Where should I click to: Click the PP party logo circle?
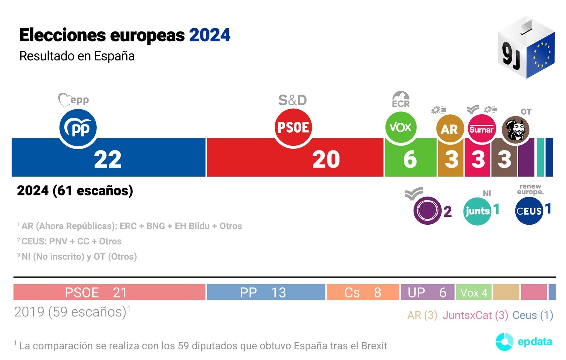(x=78, y=128)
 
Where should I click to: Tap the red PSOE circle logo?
(x=293, y=127)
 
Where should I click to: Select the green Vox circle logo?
(x=401, y=127)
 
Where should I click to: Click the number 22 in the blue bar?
(x=108, y=160)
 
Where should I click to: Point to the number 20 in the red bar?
(x=326, y=160)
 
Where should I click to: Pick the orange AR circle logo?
(x=449, y=129)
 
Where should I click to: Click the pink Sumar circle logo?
(x=481, y=129)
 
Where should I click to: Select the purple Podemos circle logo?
(x=427, y=211)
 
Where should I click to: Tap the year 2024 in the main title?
(x=210, y=35)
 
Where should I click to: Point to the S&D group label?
(x=292, y=100)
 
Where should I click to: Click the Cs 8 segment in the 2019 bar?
(x=363, y=292)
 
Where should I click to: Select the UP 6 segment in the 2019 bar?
(x=427, y=292)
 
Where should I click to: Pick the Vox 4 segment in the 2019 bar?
(x=473, y=292)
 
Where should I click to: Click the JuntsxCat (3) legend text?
(x=475, y=315)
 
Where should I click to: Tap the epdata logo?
(x=524, y=342)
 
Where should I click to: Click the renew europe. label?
(x=530, y=189)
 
